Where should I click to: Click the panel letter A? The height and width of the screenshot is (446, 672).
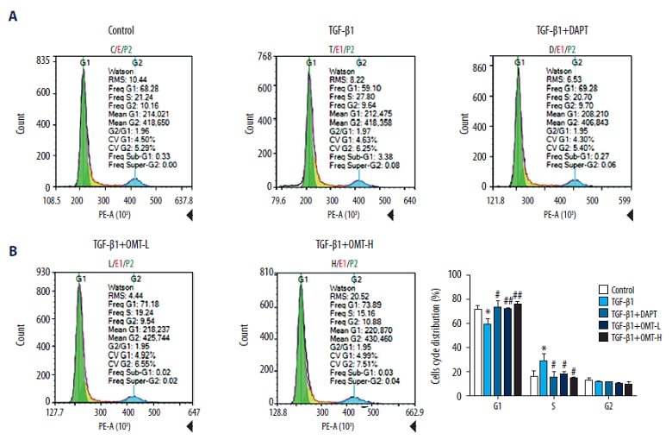pyautogui.click(x=12, y=16)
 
